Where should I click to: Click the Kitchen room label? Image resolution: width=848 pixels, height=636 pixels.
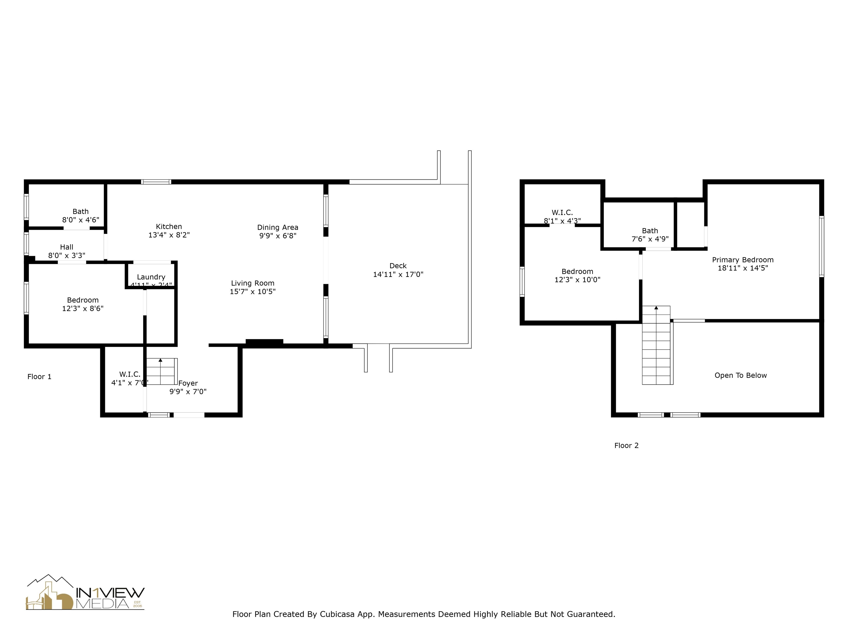[169, 227]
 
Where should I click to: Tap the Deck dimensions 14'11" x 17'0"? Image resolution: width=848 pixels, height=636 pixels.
[398, 274]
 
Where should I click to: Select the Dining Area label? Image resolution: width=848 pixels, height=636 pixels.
[277, 227]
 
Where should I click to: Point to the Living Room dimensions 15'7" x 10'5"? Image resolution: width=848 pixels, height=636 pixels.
[253, 291]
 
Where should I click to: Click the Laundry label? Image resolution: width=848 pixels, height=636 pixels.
[151, 277]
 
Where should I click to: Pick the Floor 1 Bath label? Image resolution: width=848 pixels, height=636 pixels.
[81, 211]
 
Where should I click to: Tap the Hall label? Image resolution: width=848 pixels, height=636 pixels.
[67, 247]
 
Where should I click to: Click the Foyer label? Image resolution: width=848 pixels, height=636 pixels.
[188, 383]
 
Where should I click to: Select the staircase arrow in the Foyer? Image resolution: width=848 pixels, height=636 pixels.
[160, 360]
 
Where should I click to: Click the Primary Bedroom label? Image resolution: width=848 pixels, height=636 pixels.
[743, 259]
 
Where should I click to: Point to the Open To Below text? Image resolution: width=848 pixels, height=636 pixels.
[741, 375]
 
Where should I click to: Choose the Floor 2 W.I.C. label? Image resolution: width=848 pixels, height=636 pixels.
[562, 212]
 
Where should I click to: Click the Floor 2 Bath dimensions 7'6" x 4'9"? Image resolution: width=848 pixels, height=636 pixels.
[650, 239]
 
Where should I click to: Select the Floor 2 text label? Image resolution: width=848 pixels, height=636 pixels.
[626, 446]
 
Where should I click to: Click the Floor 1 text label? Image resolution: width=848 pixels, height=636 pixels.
[39, 377]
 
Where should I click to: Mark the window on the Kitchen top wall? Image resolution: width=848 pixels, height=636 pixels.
[156, 182]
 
